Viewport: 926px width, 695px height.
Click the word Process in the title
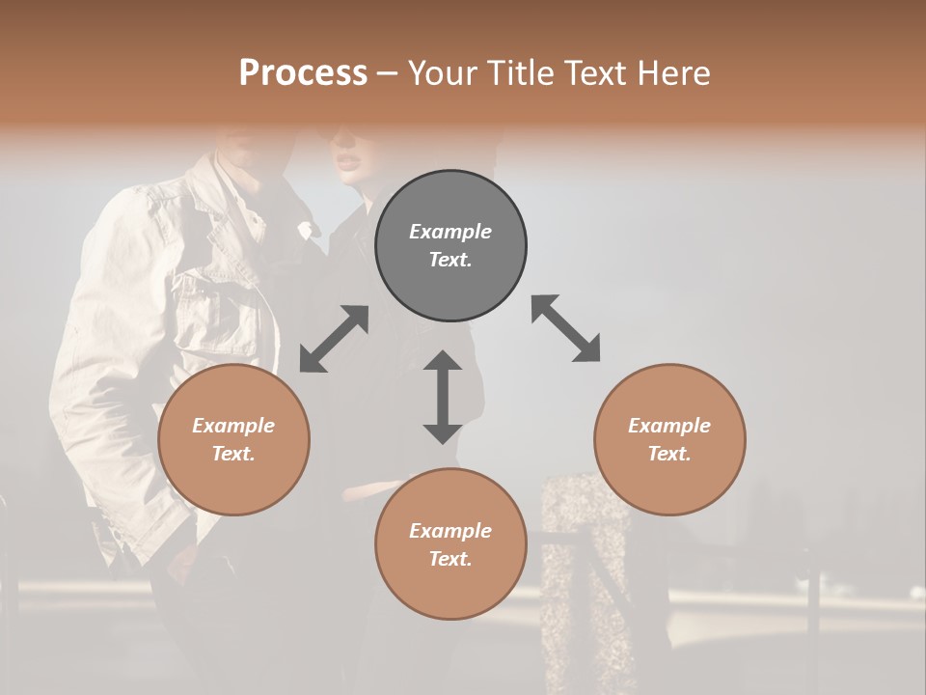point(303,73)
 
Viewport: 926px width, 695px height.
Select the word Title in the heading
point(519,73)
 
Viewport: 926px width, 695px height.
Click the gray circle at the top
point(450,245)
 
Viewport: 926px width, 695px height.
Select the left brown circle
point(233,439)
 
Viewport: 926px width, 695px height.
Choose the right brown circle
point(669,439)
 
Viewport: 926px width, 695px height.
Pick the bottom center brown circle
point(450,544)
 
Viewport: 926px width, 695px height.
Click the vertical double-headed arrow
point(443,397)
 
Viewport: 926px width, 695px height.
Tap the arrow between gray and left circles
point(334,339)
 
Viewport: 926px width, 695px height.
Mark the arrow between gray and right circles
point(566,328)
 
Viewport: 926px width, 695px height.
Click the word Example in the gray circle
point(450,232)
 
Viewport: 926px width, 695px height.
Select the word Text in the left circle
point(233,454)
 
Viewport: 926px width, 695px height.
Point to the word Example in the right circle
point(669,426)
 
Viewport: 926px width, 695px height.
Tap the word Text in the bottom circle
point(450,559)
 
